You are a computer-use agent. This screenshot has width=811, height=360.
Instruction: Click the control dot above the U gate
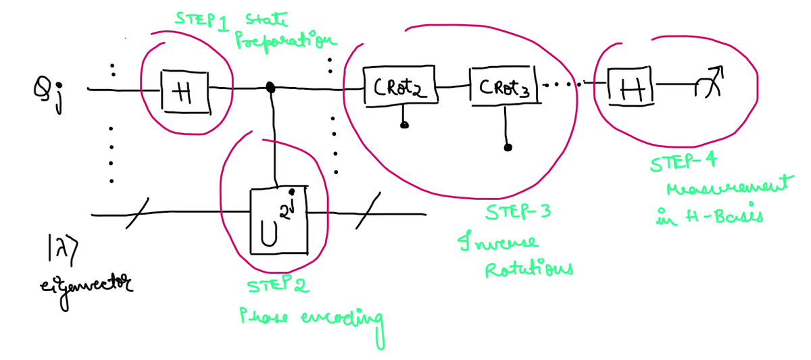point(272,87)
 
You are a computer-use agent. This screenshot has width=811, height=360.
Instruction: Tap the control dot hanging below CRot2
point(404,125)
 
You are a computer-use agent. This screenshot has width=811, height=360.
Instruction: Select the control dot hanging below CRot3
point(508,147)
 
